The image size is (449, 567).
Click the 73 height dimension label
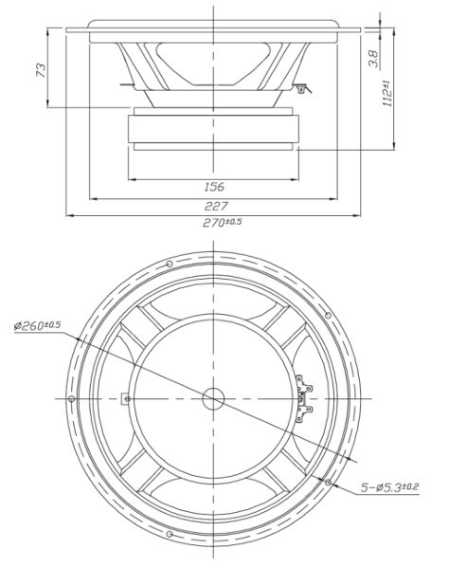[41, 70]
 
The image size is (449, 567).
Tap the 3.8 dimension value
[373, 59]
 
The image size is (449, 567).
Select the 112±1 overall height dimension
[386, 94]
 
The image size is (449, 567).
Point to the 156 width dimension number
[214, 187]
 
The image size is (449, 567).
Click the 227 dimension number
[216, 206]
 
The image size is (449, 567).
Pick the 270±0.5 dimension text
[222, 222]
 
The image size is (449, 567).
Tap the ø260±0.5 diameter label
[37, 325]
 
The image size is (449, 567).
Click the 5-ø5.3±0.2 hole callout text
[389, 487]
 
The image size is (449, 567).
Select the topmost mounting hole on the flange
[170, 264]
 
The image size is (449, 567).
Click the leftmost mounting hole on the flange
[72, 398]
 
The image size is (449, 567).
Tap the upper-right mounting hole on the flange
[328, 316]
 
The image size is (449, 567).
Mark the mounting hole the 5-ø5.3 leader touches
[328, 482]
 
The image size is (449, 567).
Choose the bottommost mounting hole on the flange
[170, 534]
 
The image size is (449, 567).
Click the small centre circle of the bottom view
[213, 399]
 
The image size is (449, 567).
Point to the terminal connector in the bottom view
[303, 398]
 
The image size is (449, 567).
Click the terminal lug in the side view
[302, 88]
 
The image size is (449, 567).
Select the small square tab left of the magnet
[125, 398]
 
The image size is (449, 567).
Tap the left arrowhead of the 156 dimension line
[131, 179]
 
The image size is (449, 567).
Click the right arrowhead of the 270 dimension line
[357, 215]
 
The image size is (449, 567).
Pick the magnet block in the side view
[213, 129]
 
